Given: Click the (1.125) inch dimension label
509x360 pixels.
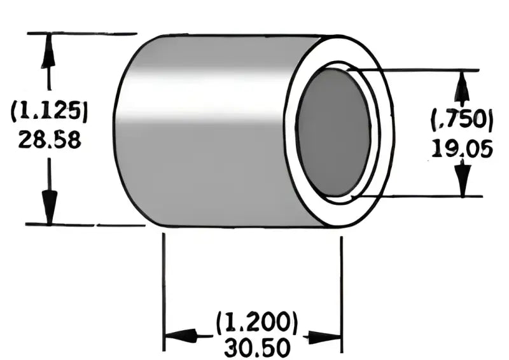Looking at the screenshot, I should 50,111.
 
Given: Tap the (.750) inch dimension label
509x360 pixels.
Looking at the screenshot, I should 463,120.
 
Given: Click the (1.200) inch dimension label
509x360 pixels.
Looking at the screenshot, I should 256,323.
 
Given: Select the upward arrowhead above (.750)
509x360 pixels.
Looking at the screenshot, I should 463,85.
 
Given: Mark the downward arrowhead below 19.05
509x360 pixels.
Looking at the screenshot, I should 463,179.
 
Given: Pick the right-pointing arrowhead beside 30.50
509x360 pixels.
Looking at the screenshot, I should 326,336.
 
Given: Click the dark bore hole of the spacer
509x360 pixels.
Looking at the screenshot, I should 333,132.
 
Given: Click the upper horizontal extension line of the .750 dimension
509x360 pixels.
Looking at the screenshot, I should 420,69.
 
